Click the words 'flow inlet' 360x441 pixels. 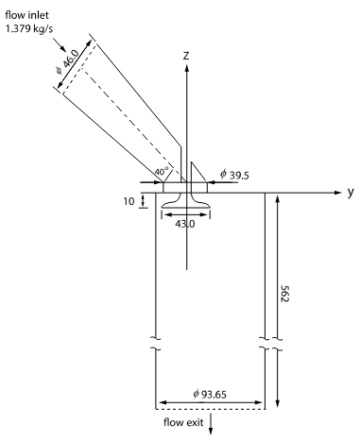click(x=27, y=15)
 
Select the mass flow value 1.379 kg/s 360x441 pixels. click(x=29, y=29)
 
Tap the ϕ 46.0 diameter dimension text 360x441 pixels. click(x=67, y=62)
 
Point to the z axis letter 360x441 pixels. click(x=186, y=56)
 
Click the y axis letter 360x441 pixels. click(x=351, y=192)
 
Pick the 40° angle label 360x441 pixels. click(x=162, y=172)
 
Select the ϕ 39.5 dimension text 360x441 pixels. click(x=234, y=175)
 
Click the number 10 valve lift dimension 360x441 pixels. click(x=129, y=201)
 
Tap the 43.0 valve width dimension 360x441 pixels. click(x=185, y=224)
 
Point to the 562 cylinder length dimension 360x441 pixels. click(x=284, y=294)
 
